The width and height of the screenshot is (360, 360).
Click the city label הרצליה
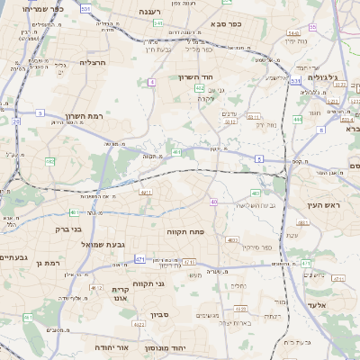93,62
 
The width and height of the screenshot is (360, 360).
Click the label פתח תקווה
187,231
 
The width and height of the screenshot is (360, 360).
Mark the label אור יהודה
112,346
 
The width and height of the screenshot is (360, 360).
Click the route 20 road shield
17,121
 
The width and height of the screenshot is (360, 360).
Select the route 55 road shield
312,27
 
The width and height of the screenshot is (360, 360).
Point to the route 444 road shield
298,119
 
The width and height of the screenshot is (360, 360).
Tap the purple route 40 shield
213,202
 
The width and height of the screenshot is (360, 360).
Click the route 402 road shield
199,88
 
